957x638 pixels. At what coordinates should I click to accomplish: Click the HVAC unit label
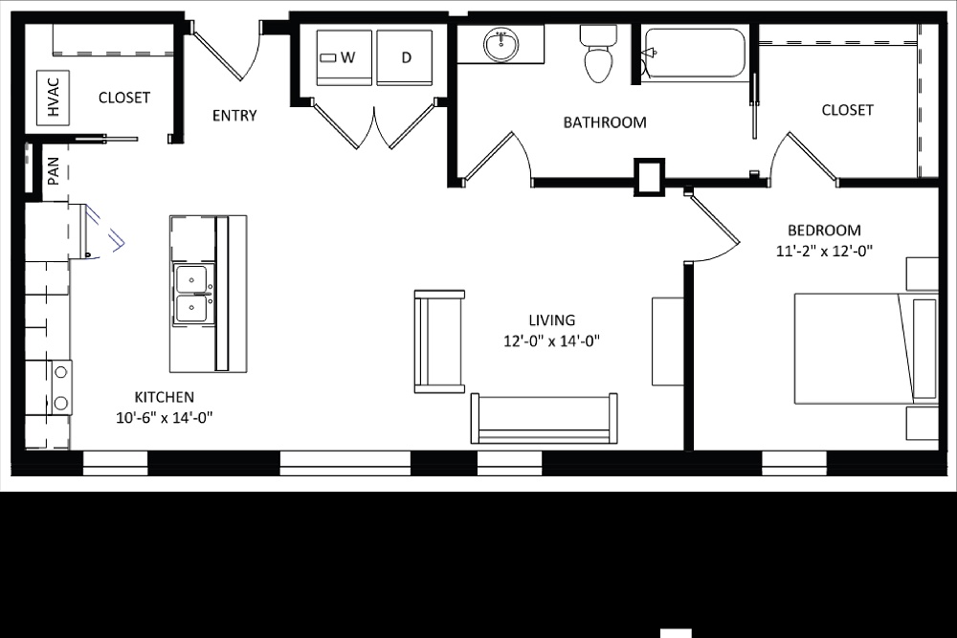pyautogui.click(x=53, y=98)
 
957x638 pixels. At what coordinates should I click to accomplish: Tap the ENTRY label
pyautogui.click(x=234, y=116)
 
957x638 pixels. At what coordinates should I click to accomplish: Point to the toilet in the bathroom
pyautogui.click(x=598, y=56)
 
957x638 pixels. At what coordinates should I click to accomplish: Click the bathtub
pyautogui.click(x=695, y=53)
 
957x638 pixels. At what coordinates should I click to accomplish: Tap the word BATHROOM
pyautogui.click(x=604, y=122)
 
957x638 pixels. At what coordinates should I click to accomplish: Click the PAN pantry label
pyautogui.click(x=53, y=171)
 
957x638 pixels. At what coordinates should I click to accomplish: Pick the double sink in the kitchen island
pyautogui.click(x=193, y=293)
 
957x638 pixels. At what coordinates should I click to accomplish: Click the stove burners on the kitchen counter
pyautogui.click(x=60, y=386)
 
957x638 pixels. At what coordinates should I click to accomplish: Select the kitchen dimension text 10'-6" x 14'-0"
pyautogui.click(x=164, y=416)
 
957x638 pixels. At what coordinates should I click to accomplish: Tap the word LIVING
pyautogui.click(x=552, y=320)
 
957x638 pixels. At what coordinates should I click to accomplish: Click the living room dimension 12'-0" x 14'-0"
pyautogui.click(x=551, y=341)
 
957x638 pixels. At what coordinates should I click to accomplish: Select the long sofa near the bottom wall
pyautogui.click(x=544, y=418)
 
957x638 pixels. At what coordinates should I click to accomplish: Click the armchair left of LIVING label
pyautogui.click(x=439, y=341)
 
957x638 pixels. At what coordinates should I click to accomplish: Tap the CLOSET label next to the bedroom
pyautogui.click(x=847, y=110)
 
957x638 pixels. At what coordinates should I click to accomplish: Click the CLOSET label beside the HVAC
pyautogui.click(x=124, y=98)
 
